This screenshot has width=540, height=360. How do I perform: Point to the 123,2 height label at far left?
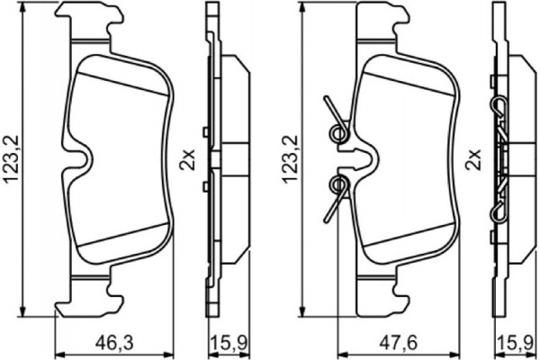11,157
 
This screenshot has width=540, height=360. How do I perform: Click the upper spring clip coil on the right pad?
338,133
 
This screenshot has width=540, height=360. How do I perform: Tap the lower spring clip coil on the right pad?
338,185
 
